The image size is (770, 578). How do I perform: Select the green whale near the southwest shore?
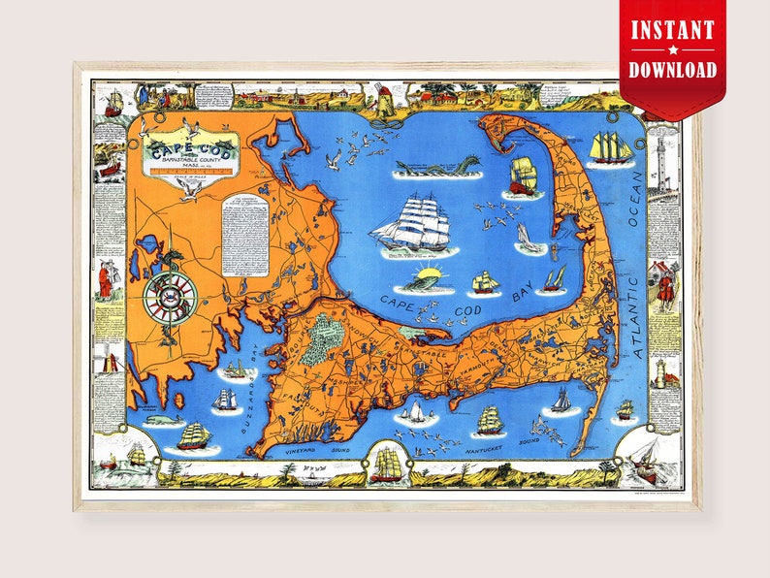coord(167,419)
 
